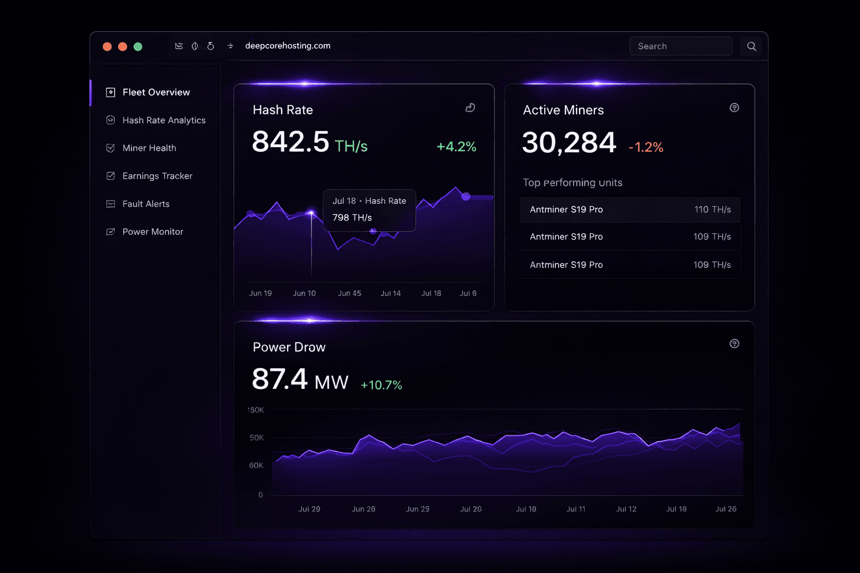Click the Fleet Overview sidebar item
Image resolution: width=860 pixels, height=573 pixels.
(156, 92)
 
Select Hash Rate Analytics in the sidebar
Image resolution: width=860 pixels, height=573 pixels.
(163, 120)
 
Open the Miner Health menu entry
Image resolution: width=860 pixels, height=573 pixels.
(149, 148)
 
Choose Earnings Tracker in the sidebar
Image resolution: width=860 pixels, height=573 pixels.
(157, 176)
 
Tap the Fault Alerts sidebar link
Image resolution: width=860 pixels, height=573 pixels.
(146, 204)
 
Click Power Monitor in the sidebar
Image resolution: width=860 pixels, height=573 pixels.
(152, 232)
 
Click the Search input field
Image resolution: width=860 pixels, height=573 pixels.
(681, 46)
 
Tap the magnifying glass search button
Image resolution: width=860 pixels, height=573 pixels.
(751, 46)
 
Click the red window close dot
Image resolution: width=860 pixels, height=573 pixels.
(107, 46)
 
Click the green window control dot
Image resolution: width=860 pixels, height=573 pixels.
(138, 46)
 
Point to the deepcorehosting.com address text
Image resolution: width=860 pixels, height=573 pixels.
(288, 46)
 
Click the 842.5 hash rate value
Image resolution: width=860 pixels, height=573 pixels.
(291, 142)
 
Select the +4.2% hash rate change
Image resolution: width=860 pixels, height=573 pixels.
(456, 147)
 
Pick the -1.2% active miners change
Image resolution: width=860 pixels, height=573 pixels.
(646, 147)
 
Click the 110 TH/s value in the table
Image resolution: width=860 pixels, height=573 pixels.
(712, 209)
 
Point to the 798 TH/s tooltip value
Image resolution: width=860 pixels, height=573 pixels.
(352, 218)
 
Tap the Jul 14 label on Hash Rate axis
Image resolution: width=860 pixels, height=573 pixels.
(391, 293)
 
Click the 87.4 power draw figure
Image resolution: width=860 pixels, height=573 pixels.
(280, 379)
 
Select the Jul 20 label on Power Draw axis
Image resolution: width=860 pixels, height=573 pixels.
(471, 509)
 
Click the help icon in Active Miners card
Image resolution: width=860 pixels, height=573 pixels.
(734, 107)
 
